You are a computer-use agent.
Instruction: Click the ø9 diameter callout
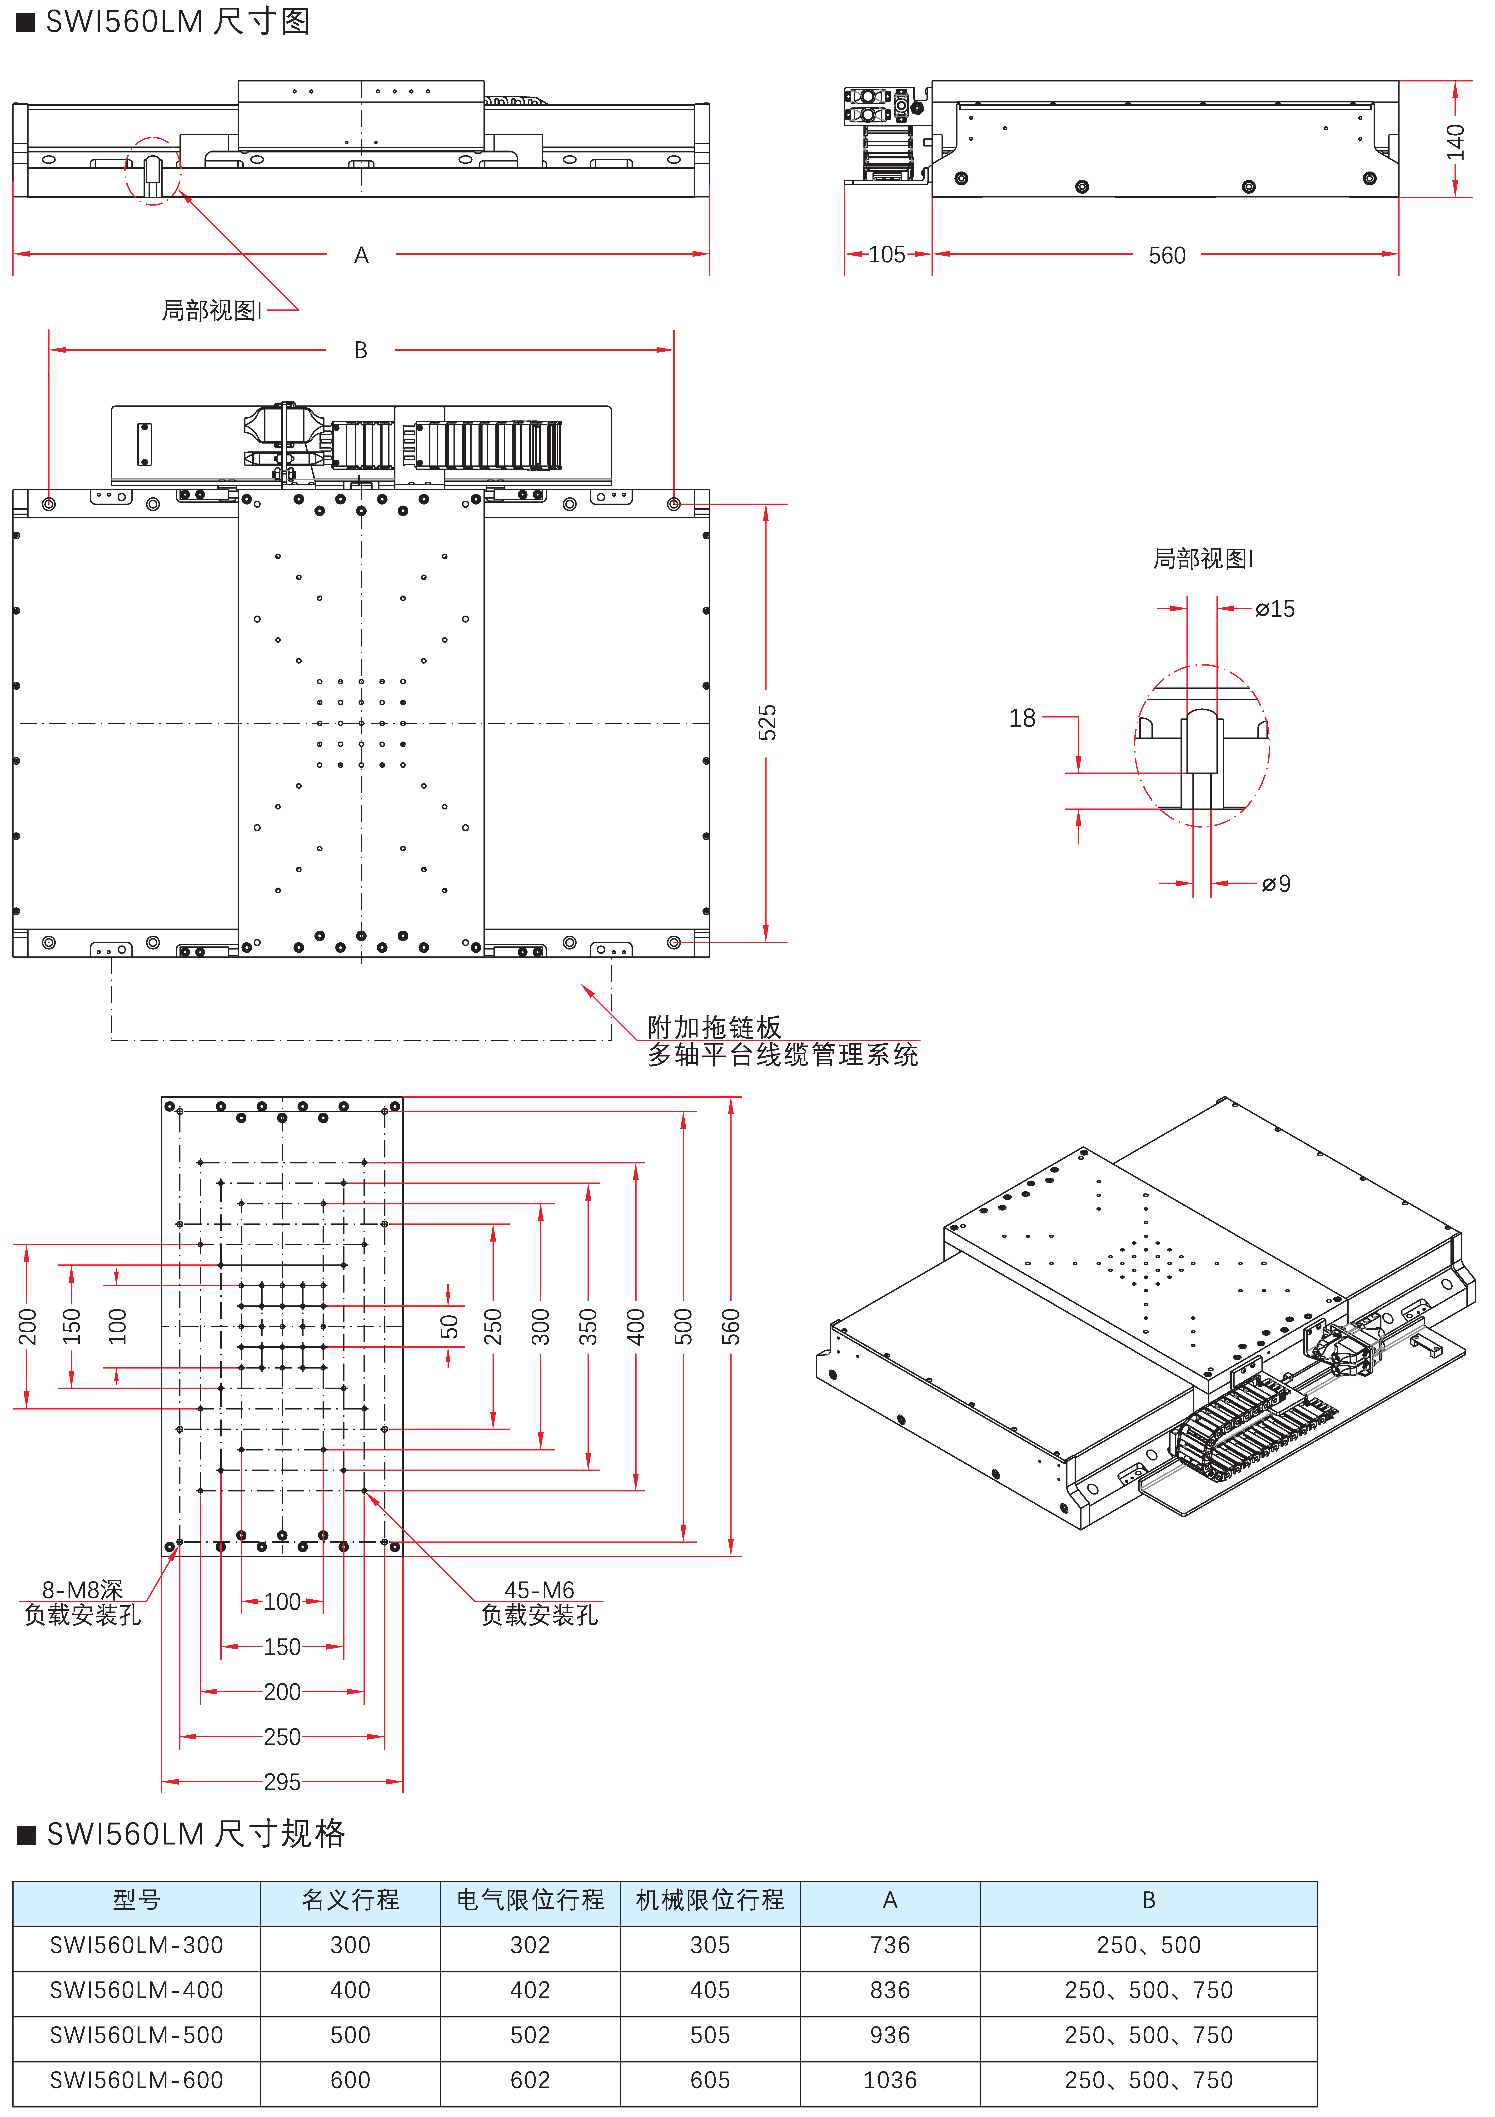(1276, 884)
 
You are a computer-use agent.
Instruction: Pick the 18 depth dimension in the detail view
(1022, 718)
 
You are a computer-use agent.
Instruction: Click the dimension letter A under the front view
(361, 255)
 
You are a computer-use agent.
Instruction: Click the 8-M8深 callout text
(82, 1590)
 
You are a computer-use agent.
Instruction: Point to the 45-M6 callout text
(539, 1590)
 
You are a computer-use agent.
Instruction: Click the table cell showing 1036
(889, 2080)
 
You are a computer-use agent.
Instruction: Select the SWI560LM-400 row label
(136, 1990)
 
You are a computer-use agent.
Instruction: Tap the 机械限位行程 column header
(710, 1900)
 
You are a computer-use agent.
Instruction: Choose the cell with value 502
(530, 2035)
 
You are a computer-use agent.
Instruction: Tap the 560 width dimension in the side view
(1167, 255)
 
